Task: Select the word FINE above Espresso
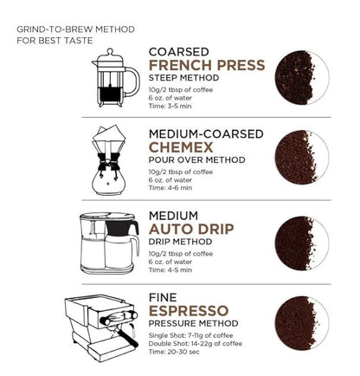click(x=164, y=296)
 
